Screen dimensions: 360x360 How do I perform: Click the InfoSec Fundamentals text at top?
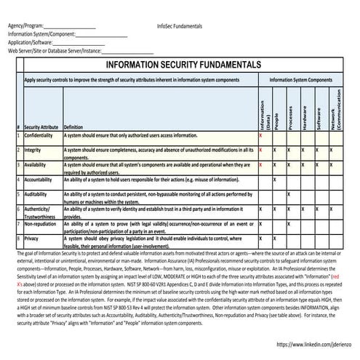click(x=180, y=26)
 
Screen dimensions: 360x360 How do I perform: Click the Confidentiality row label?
click(x=38, y=136)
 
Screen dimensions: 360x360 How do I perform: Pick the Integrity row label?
click(x=32, y=150)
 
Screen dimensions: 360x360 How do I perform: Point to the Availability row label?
click(x=36, y=165)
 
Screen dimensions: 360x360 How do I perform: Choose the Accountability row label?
click(x=39, y=180)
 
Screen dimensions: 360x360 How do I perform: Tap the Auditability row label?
click(x=36, y=194)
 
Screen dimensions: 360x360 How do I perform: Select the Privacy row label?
click(x=31, y=239)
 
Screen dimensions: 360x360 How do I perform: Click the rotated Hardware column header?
click(x=304, y=116)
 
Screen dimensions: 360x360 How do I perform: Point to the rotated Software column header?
click(x=319, y=117)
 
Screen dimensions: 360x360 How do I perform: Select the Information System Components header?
click(x=300, y=80)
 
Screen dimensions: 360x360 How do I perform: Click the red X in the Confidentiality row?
click(x=260, y=136)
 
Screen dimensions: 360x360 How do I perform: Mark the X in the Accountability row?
click(x=274, y=180)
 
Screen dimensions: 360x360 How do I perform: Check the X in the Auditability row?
click(x=289, y=194)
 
